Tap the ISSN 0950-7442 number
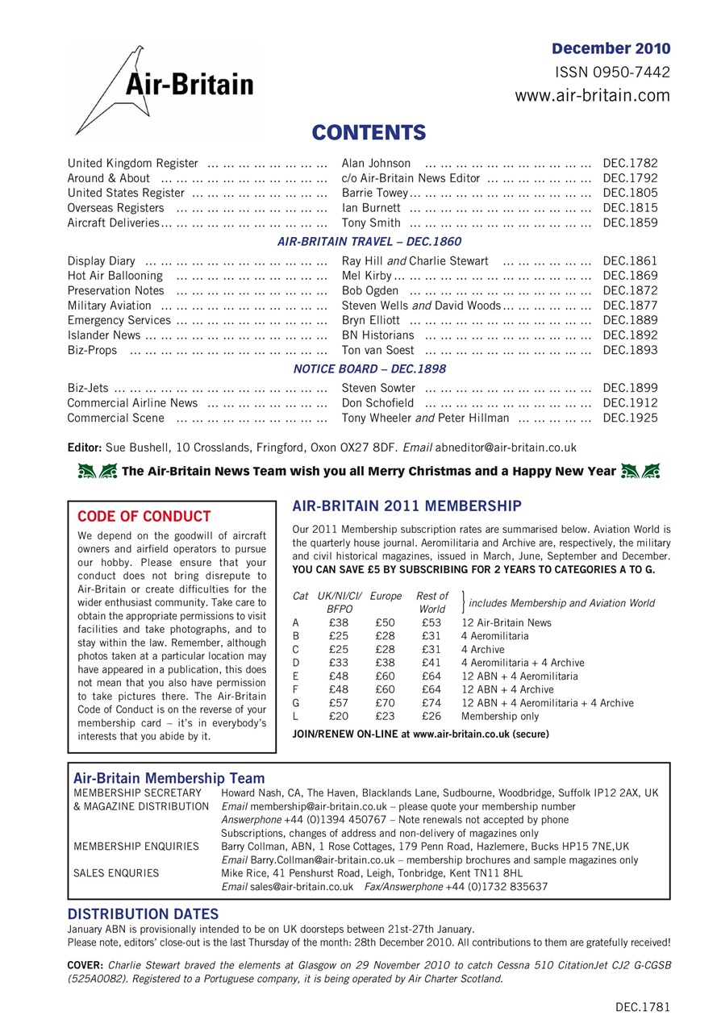tap(612, 73)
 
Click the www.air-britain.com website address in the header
tap(592, 96)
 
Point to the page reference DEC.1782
tap(630, 164)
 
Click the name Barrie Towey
tap(375, 193)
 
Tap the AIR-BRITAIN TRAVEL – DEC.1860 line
tap(369, 241)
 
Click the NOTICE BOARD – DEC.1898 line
tap(369, 368)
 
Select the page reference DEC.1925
tap(630, 418)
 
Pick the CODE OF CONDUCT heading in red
tap(144, 517)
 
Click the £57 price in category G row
tap(339, 703)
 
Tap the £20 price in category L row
tap(339, 717)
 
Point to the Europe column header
tap(386, 596)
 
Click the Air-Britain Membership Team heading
tap(169, 778)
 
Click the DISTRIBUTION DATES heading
tap(142, 914)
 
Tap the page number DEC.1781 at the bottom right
tap(642, 1007)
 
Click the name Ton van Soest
tap(377, 351)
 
